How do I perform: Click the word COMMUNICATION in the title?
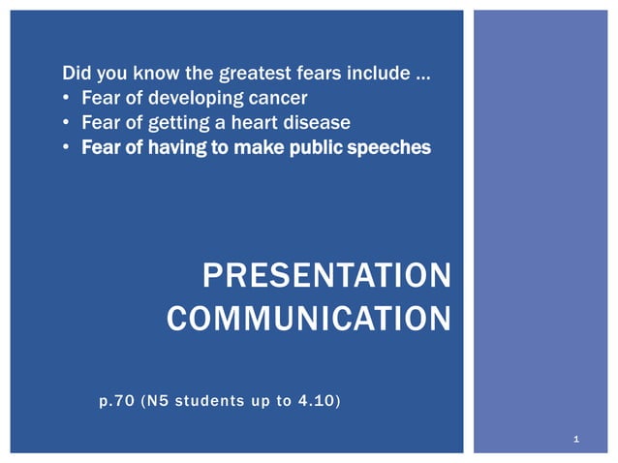pyautogui.click(x=308, y=319)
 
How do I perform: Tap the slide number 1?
pyautogui.click(x=576, y=441)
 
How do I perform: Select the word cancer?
pyautogui.click(x=279, y=99)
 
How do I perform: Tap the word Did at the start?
pyautogui.click(x=76, y=74)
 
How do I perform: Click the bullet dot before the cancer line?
pyautogui.click(x=66, y=99)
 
